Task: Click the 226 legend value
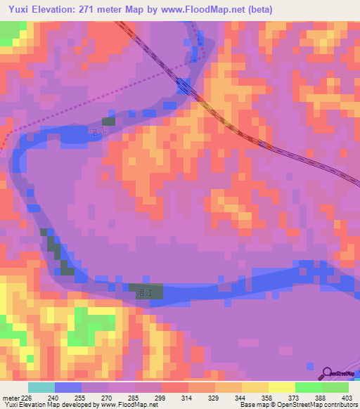click(27, 397)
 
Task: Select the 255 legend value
click(80, 397)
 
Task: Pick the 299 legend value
click(160, 397)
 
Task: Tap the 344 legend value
click(241, 397)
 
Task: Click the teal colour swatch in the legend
click(41, 387)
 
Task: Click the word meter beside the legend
click(10, 397)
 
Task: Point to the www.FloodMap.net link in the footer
click(132, 405)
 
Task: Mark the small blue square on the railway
click(184, 86)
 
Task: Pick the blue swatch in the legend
click(67, 387)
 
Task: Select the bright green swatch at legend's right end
click(335, 387)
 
